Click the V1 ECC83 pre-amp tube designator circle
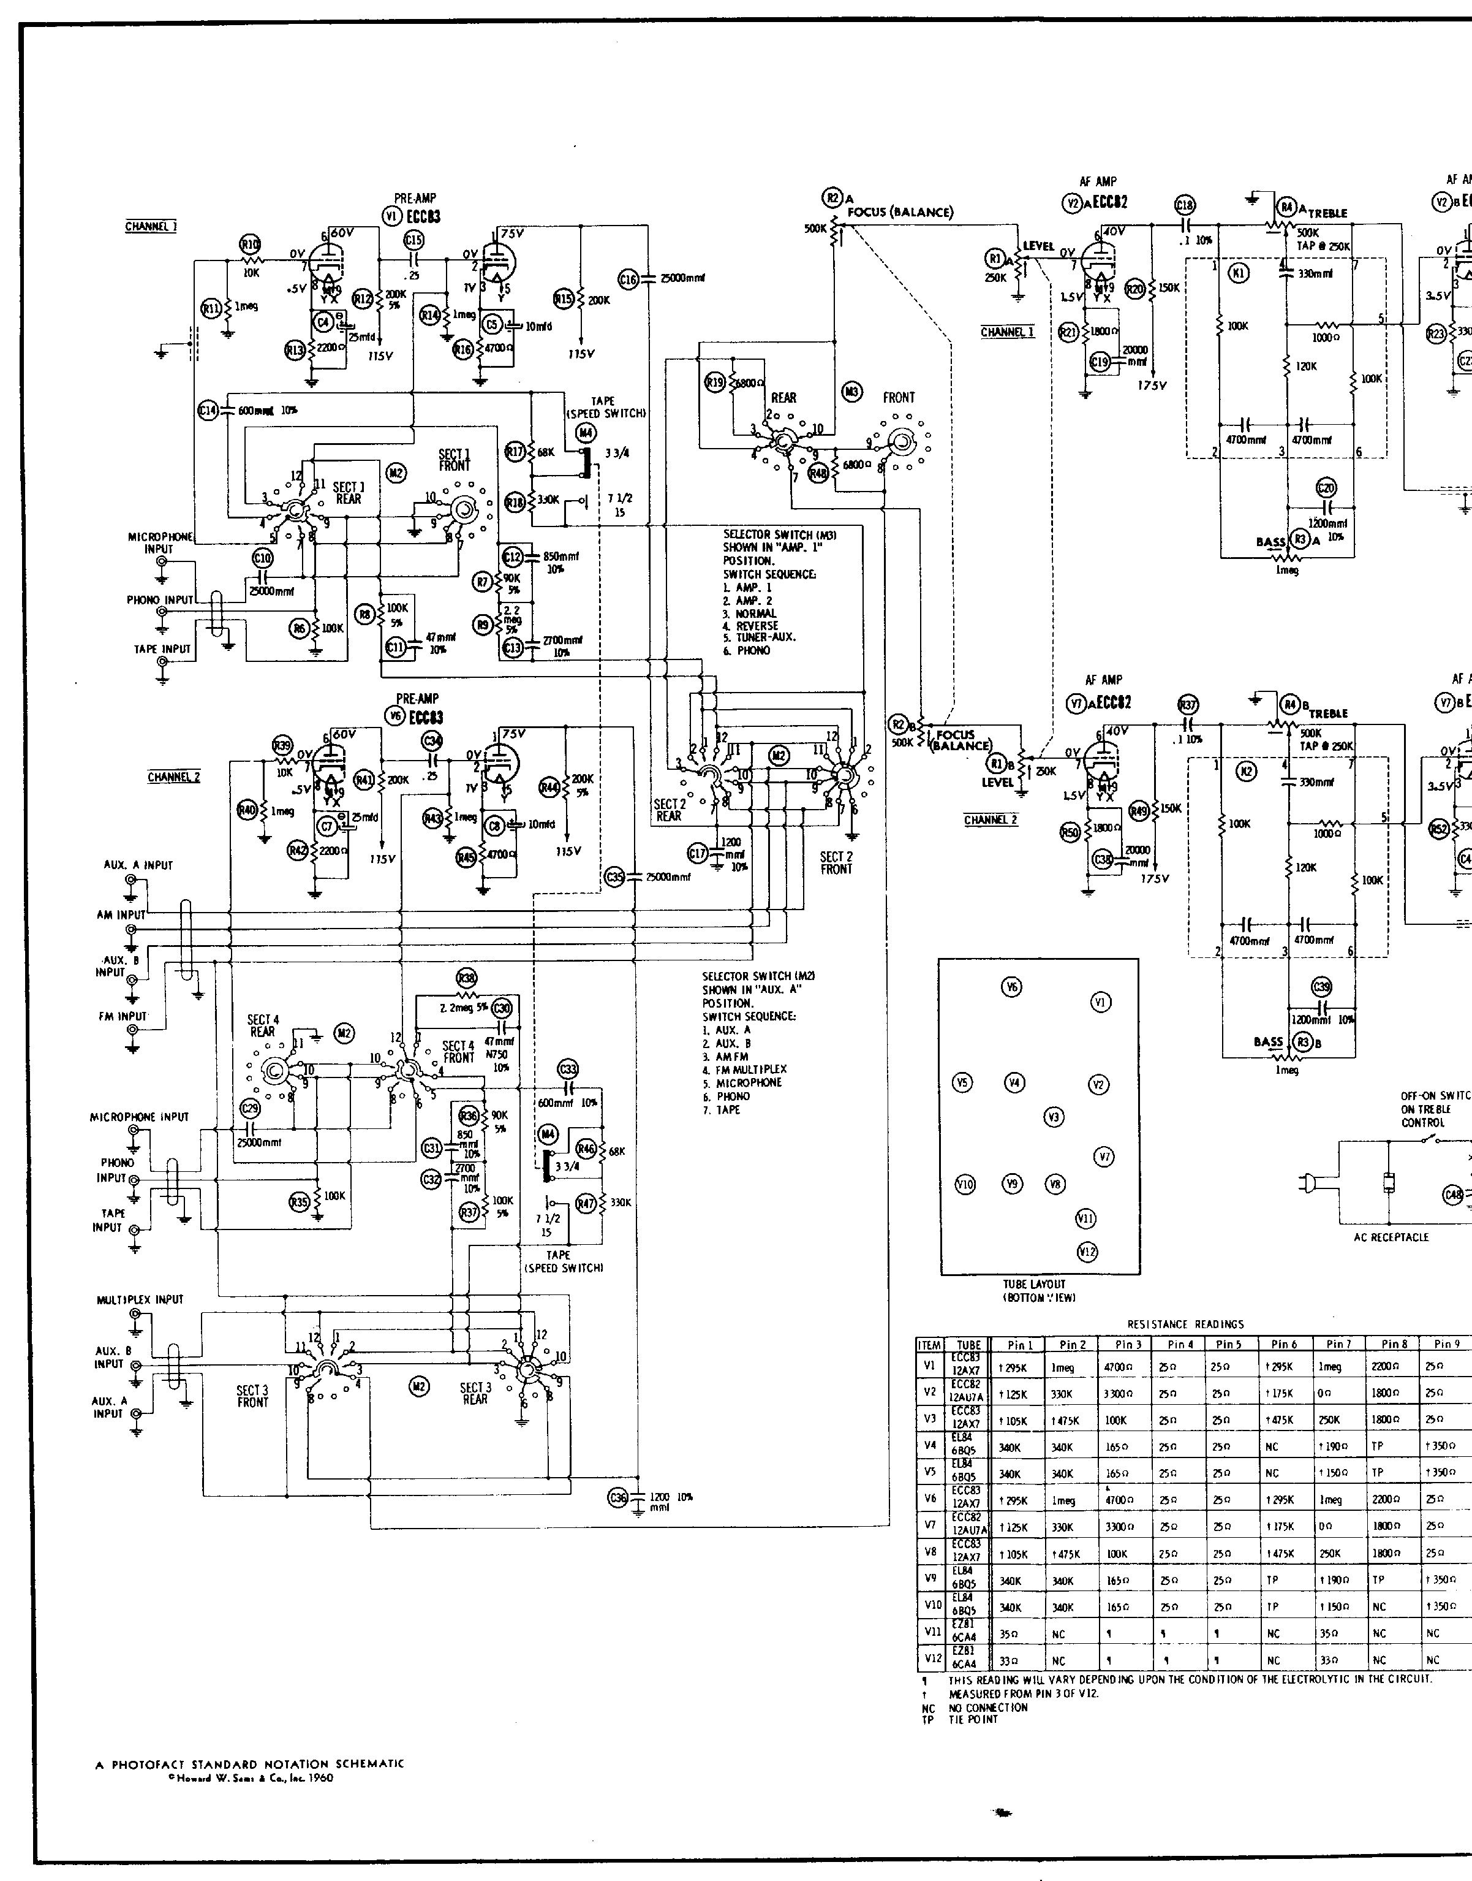391,216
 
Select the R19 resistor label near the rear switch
714,382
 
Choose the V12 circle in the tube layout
1087,1252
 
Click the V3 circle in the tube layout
1053,1117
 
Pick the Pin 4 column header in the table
1180,1344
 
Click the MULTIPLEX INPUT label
140,1299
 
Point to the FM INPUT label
123,1016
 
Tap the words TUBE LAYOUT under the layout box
1034,1283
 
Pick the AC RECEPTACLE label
1391,1237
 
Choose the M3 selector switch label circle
851,392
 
